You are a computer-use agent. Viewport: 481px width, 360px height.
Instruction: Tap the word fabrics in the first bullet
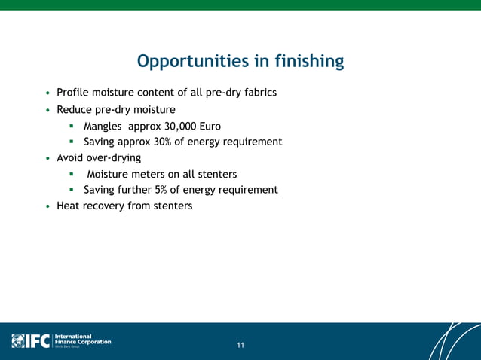258,93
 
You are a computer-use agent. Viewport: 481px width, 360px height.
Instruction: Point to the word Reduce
75,109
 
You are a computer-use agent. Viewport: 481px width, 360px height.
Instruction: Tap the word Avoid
71,158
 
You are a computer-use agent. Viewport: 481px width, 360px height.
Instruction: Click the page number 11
240,346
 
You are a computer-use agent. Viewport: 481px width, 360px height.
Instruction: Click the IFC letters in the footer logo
37,341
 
